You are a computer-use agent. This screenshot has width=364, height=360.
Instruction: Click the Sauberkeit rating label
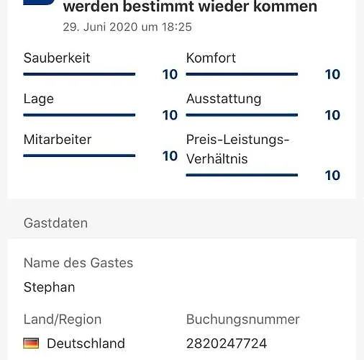tap(57, 58)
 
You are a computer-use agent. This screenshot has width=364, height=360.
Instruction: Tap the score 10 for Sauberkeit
tap(170, 74)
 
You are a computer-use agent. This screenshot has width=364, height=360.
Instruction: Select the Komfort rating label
tap(211, 58)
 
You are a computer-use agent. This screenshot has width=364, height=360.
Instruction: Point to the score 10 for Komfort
tap(332, 74)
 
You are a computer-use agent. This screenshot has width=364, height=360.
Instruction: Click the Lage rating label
tap(39, 99)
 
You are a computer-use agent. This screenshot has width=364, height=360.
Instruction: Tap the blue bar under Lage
tap(79, 114)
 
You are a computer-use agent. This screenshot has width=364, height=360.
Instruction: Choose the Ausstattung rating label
tap(224, 99)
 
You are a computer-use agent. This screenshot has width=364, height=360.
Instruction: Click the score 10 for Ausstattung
tap(332, 115)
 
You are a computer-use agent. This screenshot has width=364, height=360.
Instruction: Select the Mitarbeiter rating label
tap(58, 140)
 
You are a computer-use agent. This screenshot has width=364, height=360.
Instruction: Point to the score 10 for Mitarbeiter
tap(170, 156)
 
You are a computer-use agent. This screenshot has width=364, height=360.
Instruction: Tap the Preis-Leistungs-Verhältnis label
tap(237, 149)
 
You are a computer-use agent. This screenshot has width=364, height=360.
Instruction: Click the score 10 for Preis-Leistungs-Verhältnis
tap(332, 175)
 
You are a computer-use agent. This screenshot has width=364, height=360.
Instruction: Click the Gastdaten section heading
tap(55, 223)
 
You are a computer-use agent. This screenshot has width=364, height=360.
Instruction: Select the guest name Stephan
tap(49, 287)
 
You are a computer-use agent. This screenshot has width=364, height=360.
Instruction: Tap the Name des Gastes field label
tap(78, 263)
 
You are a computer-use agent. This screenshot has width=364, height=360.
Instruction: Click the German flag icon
tap(31, 343)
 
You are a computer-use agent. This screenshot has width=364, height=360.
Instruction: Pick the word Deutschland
tap(86, 343)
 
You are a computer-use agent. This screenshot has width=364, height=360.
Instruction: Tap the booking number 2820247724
tap(227, 343)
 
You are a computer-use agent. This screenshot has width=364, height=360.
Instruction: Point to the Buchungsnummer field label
tap(243, 319)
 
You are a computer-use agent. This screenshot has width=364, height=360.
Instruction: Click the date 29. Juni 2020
tap(99, 27)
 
